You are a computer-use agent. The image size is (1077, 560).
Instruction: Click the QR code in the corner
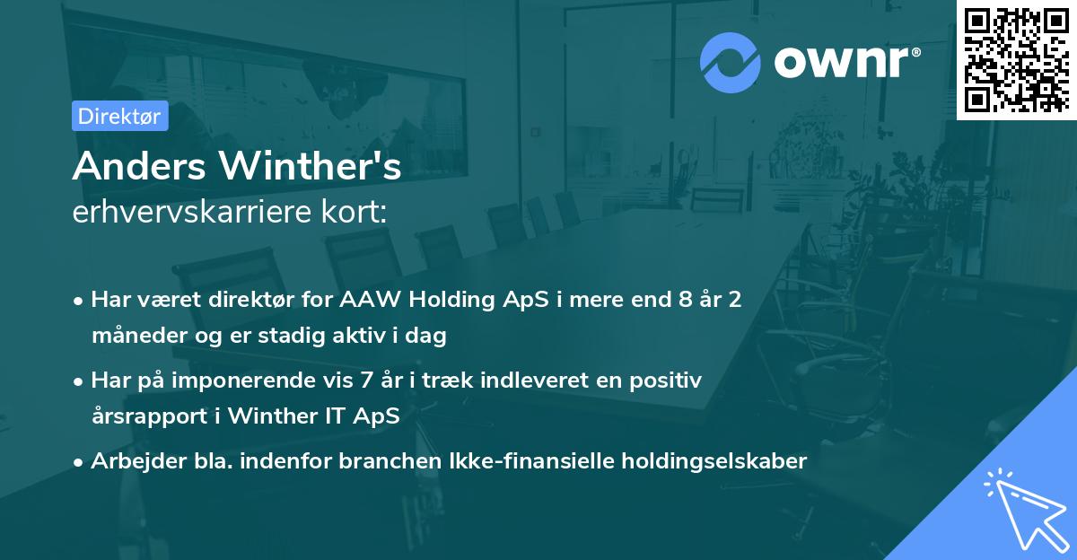click(x=1017, y=59)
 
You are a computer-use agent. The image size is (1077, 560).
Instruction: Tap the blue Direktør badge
click(x=119, y=116)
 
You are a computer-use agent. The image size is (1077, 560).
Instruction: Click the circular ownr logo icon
click(x=729, y=63)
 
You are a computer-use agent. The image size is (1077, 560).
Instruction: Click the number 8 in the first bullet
click(x=687, y=300)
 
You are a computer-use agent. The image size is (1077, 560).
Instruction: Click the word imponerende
click(x=254, y=381)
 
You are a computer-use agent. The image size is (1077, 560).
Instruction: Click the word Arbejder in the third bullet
click(x=128, y=461)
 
